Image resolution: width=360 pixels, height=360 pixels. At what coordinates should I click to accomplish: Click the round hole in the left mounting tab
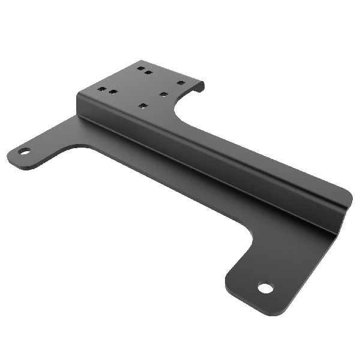24,151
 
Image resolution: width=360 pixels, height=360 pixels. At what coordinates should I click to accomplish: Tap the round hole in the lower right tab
265,288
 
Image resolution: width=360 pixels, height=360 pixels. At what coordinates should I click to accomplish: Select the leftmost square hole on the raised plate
102,89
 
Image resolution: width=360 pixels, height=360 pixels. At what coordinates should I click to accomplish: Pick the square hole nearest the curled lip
181,83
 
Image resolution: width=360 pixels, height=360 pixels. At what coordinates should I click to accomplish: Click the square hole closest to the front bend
142,106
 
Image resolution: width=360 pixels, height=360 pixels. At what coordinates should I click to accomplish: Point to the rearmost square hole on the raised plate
141,68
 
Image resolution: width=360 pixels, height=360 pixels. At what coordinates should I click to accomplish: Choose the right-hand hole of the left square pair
112,92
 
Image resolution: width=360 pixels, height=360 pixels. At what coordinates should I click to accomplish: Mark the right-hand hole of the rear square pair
149,73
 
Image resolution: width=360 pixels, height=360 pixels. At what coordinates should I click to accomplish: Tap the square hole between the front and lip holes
163,94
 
